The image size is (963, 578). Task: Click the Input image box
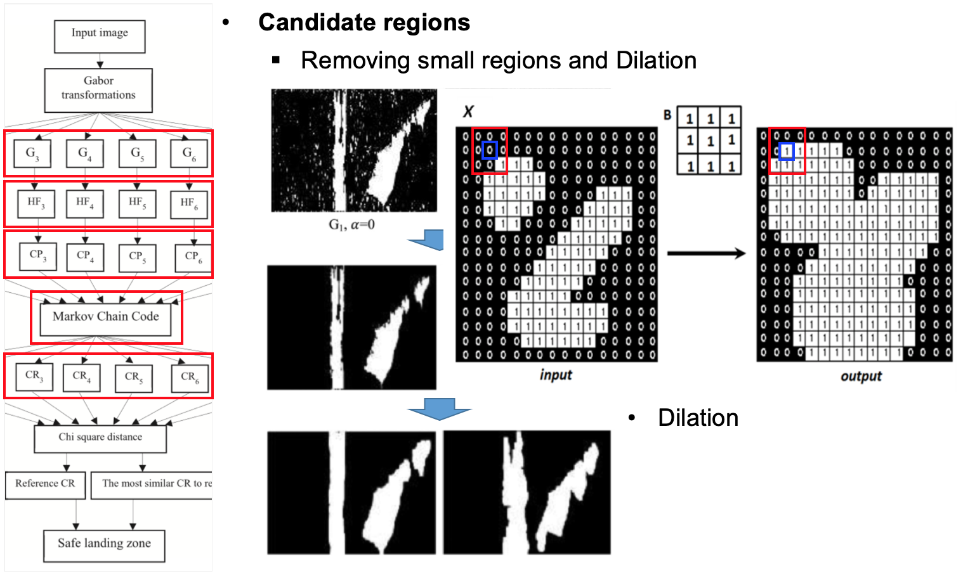pyautogui.click(x=100, y=36)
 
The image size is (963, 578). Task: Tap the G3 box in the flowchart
pyautogui.click(x=32, y=153)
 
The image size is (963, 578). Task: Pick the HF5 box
pyautogui.click(x=137, y=203)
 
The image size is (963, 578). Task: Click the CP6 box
pyautogui.click(x=193, y=257)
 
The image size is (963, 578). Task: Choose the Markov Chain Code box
pyautogui.click(x=105, y=318)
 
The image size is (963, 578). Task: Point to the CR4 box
pyautogui.click(x=81, y=376)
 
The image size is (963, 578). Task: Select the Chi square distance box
pyautogui.click(x=100, y=438)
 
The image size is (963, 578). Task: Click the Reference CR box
pyautogui.click(x=45, y=484)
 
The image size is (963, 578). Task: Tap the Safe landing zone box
pyautogui.click(x=104, y=544)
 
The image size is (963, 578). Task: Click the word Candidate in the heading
pyautogui.click(x=310, y=23)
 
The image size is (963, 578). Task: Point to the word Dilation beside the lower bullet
pyautogui.click(x=698, y=418)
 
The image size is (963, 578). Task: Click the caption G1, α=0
pyautogui.click(x=351, y=225)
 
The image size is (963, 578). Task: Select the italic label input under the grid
pyautogui.click(x=556, y=375)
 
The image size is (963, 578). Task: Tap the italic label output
pyautogui.click(x=861, y=376)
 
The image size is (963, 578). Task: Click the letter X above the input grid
pyautogui.click(x=468, y=112)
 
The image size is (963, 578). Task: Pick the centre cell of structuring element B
pyautogui.click(x=710, y=141)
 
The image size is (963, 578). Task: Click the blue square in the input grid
pyautogui.click(x=490, y=150)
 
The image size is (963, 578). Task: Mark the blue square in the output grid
pyautogui.click(x=787, y=151)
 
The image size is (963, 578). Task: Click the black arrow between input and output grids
pyautogui.click(x=706, y=254)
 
